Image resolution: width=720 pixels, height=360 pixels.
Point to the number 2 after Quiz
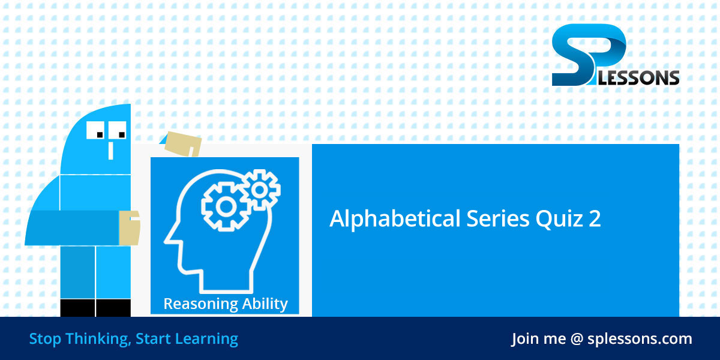(594, 219)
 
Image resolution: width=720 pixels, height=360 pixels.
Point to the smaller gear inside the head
(260, 190)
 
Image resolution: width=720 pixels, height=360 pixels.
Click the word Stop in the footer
(46, 339)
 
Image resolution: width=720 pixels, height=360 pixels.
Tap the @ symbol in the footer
(577, 339)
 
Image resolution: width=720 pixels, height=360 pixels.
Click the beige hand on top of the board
(183, 143)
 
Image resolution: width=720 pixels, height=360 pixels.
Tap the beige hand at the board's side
(130, 228)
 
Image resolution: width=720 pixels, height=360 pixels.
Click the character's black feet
(96, 308)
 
